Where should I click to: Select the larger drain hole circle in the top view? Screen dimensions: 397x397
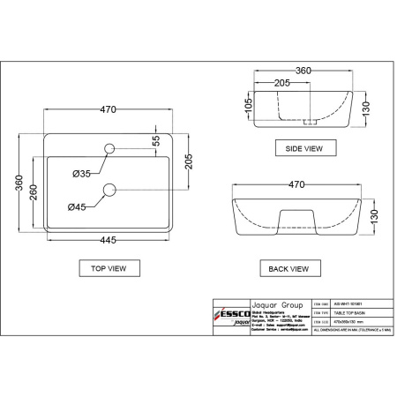(x=111, y=188)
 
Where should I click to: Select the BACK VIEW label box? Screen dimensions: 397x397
(x=288, y=267)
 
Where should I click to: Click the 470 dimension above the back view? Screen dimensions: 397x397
(x=296, y=184)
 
